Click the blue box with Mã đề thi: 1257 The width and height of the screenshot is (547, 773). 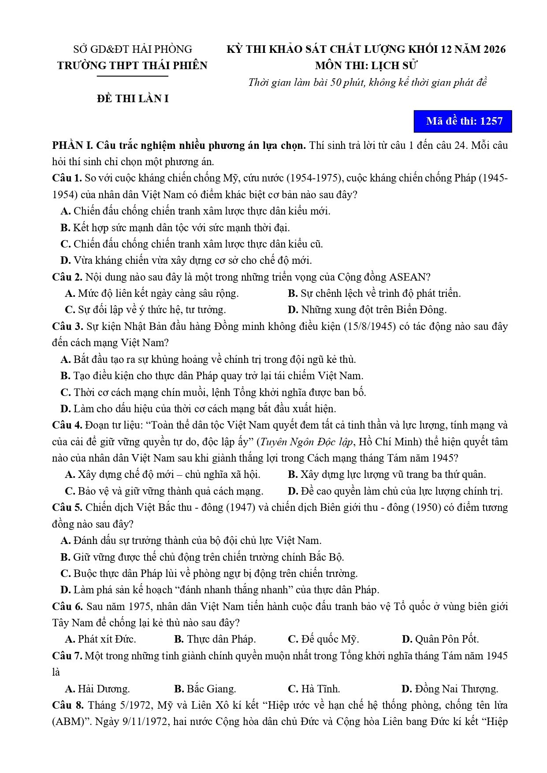(462, 121)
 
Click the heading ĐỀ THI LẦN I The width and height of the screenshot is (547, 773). (133, 99)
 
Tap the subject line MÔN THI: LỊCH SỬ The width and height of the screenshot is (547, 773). (366, 66)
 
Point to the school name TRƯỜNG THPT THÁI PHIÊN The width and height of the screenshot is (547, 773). (132, 66)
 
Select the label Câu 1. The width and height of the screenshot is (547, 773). (67, 178)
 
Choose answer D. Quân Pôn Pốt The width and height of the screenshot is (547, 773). (440, 639)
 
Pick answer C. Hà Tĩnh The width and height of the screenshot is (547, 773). (313, 688)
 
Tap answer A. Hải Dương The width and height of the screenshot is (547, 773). (97, 688)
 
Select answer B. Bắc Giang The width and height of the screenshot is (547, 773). (205, 688)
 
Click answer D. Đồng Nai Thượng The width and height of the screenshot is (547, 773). (450, 688)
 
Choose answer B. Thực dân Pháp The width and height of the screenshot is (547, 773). (215, 639)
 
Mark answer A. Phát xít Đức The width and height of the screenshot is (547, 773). (100, 639)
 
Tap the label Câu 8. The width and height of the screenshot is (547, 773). (67, 705)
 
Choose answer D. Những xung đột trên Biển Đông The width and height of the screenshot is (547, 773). (367, 310)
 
